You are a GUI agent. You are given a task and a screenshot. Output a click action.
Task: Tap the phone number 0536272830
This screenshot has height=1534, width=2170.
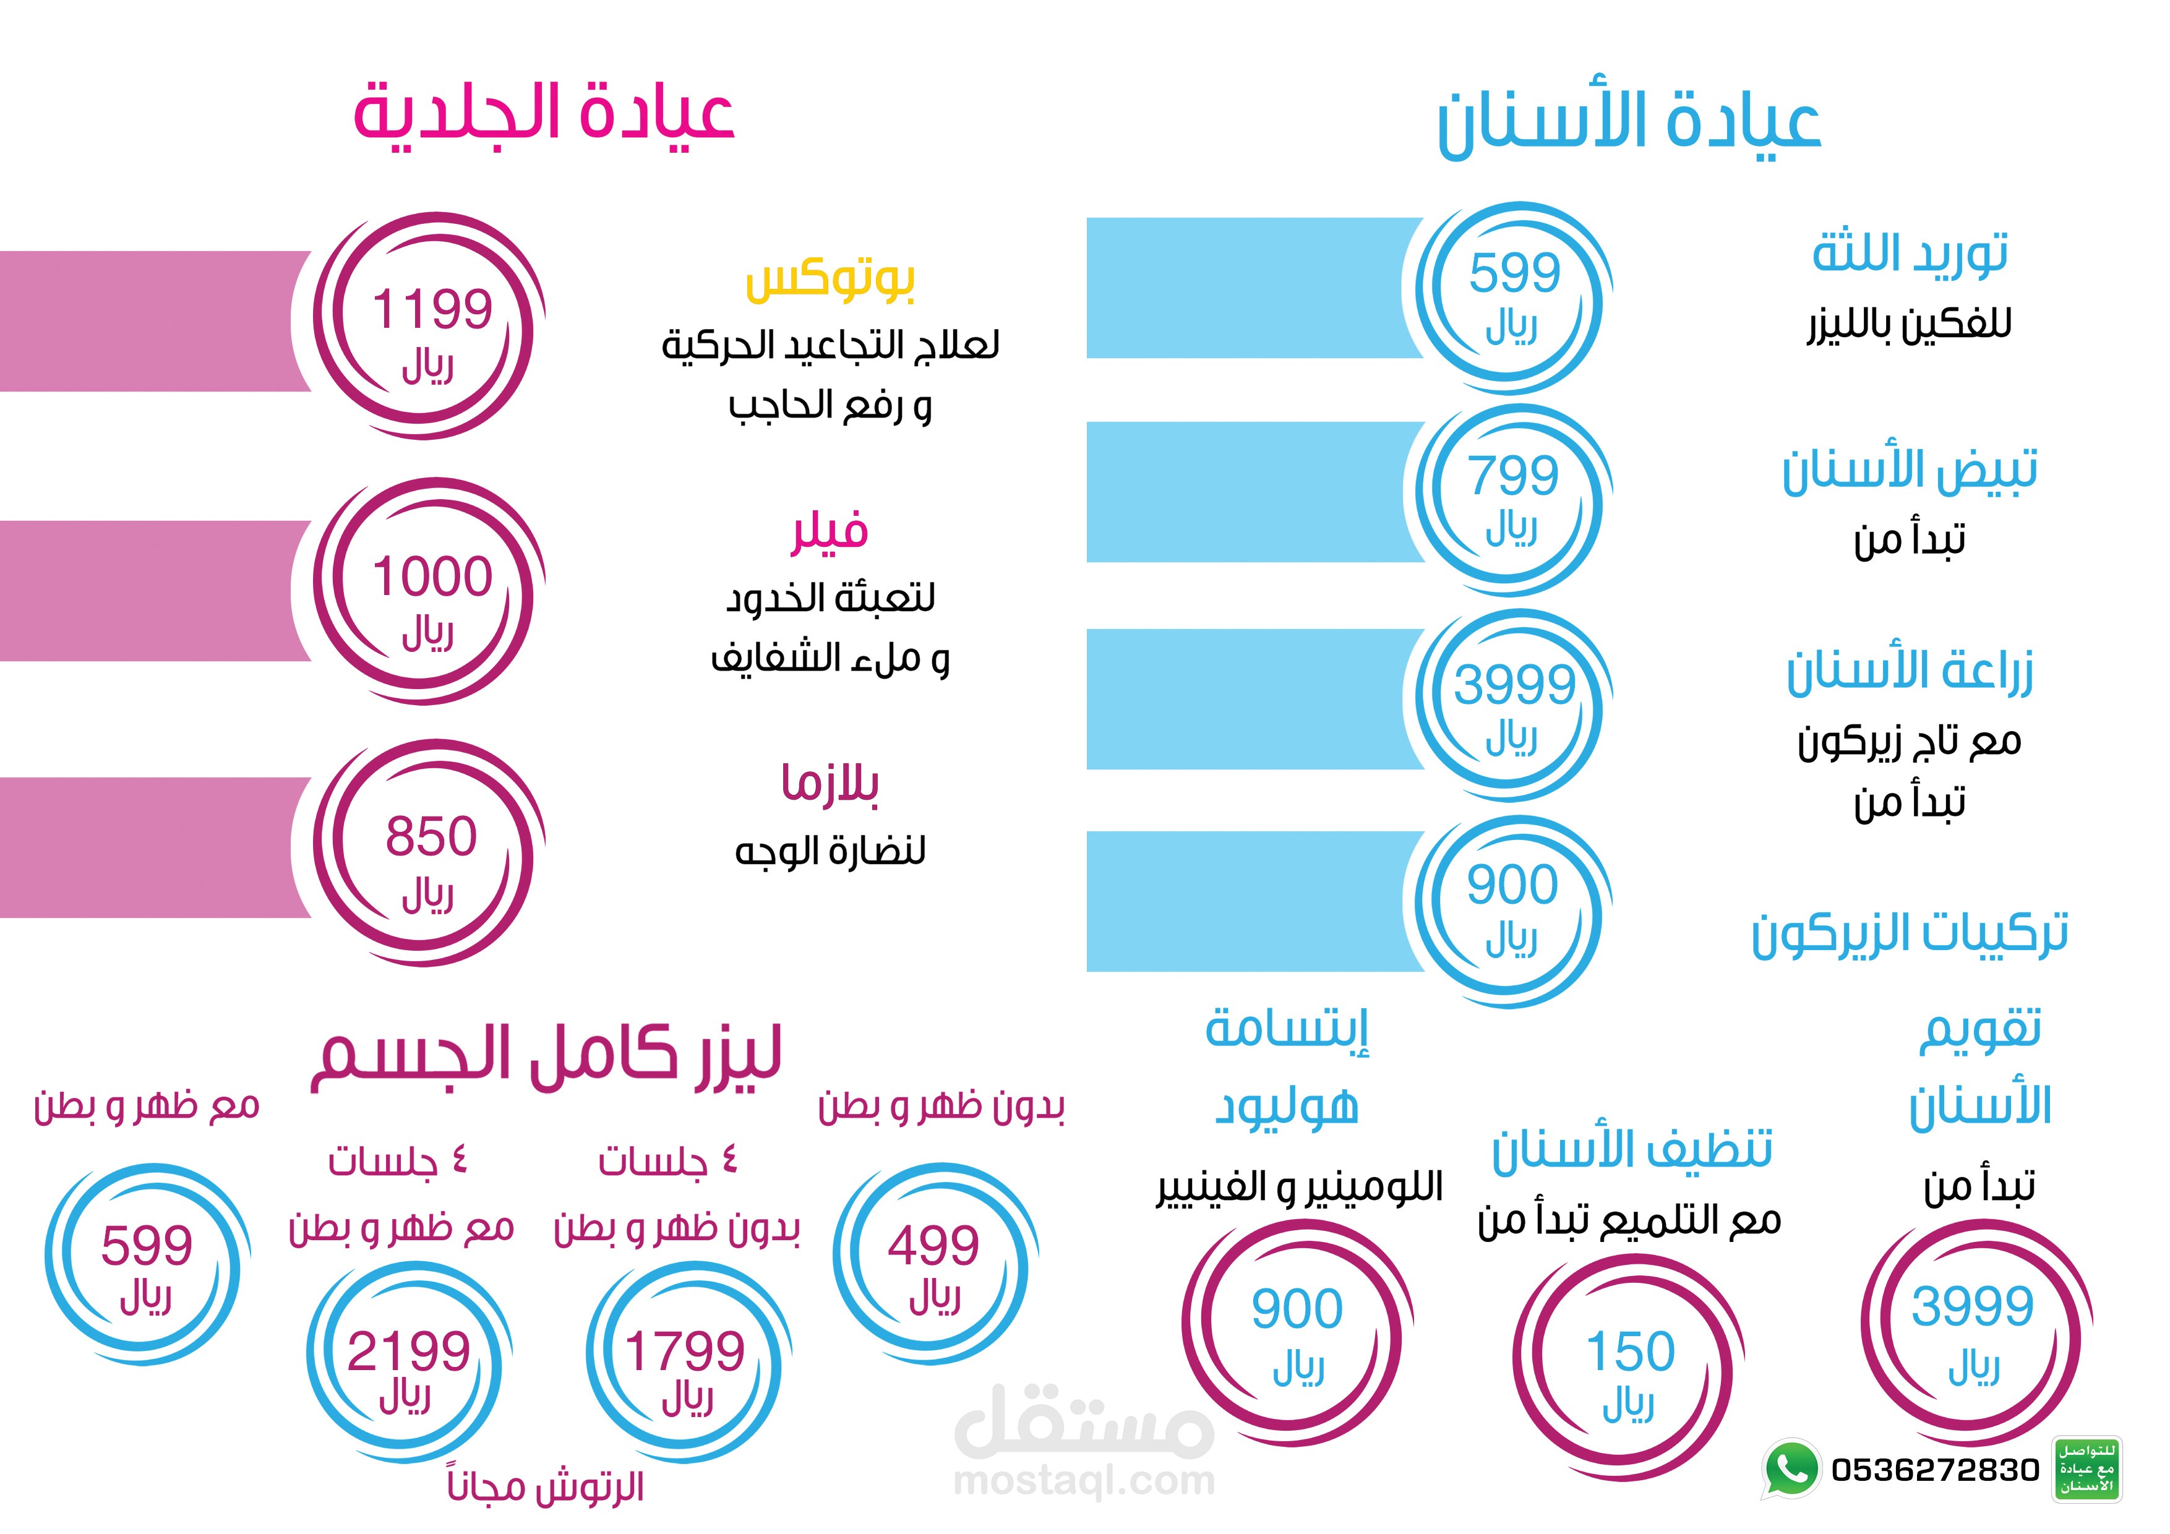tap(1935, 1470)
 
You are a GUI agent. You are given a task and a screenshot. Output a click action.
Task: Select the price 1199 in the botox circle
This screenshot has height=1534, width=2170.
tap(432, 309)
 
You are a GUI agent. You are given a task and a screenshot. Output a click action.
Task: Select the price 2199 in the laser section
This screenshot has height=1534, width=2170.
tap(408, 1351)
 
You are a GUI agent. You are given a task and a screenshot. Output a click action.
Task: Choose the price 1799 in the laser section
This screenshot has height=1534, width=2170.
tap(685, 1351)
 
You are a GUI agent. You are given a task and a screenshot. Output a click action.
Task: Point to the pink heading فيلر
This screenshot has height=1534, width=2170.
tap(830, 531)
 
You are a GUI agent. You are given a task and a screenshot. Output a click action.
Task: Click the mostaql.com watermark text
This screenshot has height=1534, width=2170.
tap(1084, 1481)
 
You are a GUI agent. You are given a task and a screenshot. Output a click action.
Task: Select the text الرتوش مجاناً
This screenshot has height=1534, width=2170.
tap(546, 1487)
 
